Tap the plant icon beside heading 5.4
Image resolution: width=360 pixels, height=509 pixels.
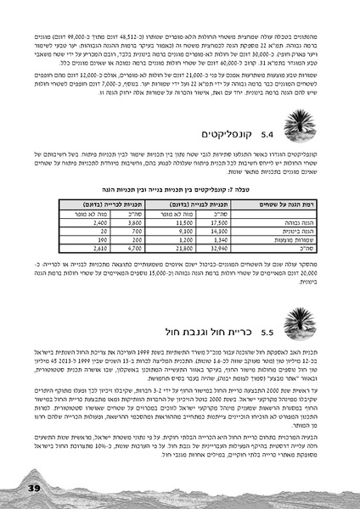click(x=295, y=128)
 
